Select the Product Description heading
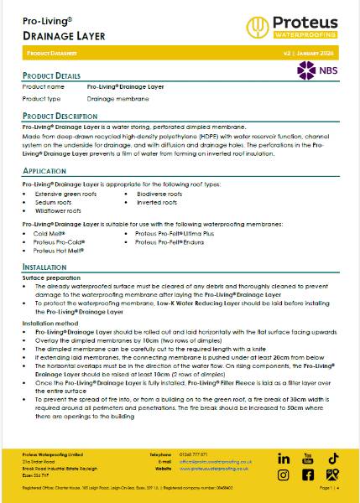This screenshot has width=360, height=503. point(60,116)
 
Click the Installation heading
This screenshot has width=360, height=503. point(44,267)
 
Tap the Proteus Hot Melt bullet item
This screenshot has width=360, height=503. point(56,250)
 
